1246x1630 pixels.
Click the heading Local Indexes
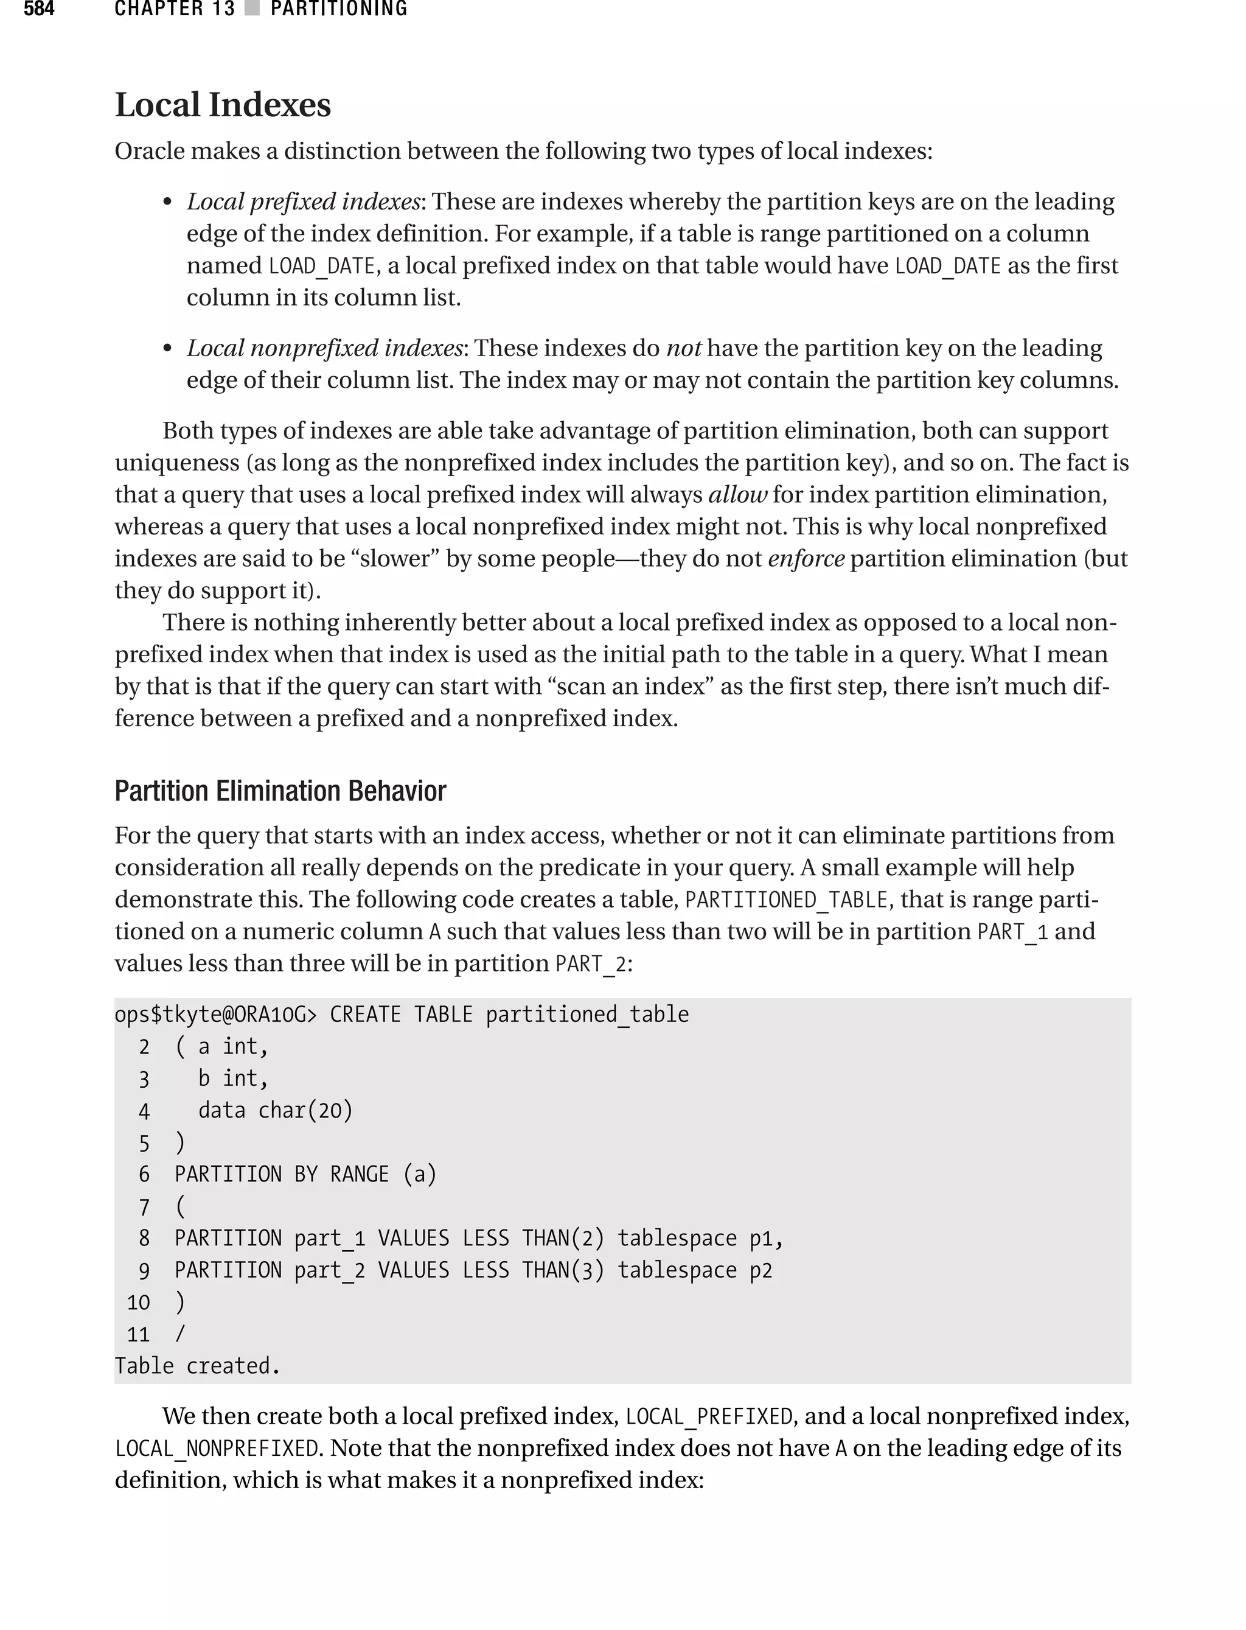223,105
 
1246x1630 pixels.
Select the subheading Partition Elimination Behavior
280,791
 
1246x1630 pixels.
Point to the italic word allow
737,494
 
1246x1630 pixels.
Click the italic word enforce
806,558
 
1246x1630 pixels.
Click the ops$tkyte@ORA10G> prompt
215,1014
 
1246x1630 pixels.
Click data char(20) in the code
275,1110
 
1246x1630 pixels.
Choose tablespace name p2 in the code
760,1270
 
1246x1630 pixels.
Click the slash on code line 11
179,1334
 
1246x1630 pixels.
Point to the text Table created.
197,1366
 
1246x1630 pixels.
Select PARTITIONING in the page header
339,9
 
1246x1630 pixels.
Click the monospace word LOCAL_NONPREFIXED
217,1448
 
